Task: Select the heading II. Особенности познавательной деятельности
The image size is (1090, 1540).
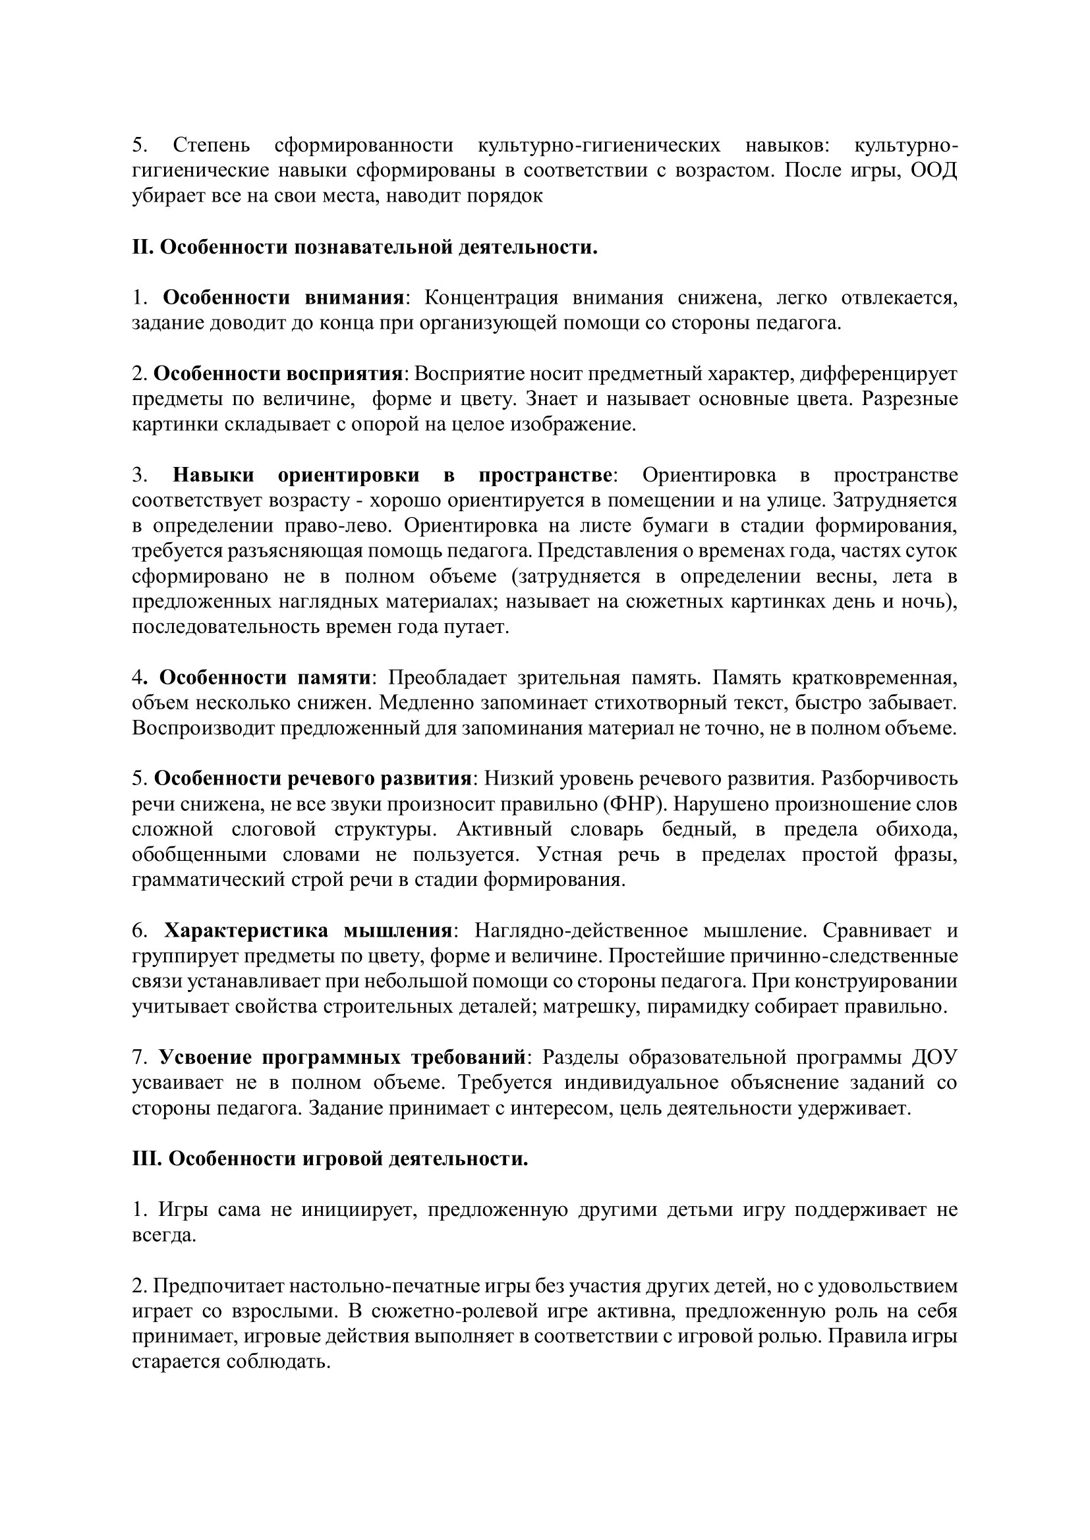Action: coord(364,248)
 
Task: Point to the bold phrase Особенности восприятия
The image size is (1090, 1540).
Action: coord(278,373)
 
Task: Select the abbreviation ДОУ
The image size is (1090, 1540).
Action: coord(934,1058)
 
